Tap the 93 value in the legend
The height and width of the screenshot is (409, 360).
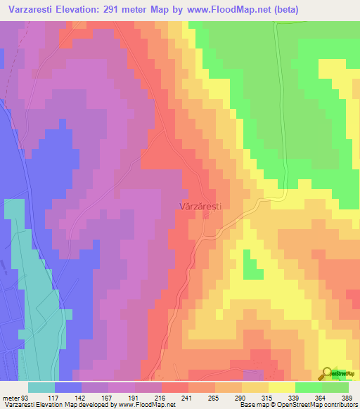click(x=27, y=397)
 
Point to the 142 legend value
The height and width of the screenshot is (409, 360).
click(x=82, y=397)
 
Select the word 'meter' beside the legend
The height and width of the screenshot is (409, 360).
click(x=10, y=397)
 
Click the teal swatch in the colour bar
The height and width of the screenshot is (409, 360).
click(x=41, y=387)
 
